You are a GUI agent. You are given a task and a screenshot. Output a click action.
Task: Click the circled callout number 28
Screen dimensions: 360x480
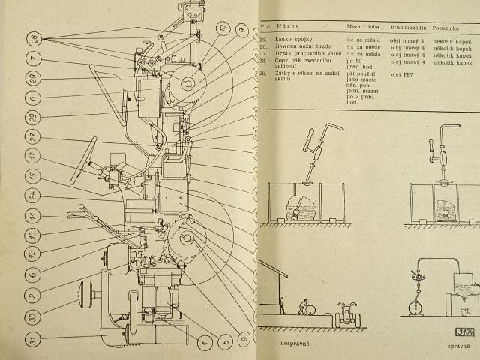(x=32, y=39)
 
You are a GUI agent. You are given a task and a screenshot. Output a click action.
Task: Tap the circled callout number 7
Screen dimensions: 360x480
(x=32, y=58)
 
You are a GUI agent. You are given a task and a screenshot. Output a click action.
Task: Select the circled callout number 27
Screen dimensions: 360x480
(x=32, y=136)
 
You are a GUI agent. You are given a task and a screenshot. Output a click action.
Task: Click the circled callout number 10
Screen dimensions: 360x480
(x=222, y=28)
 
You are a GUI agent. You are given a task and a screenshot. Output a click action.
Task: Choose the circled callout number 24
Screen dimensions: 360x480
(x=32, y=195)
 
